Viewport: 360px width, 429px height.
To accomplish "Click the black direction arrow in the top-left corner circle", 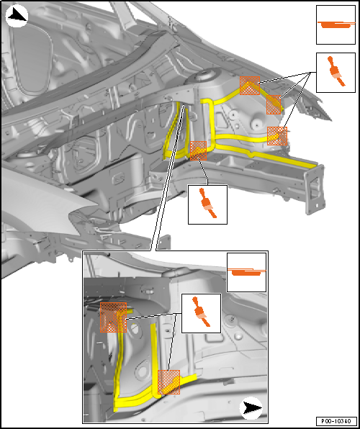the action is (17, 16).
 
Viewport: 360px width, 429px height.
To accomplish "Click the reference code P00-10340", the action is (337, 421).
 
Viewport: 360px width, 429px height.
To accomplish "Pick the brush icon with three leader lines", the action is (336, 71).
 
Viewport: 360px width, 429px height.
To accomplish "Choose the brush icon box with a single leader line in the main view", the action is (208, 204).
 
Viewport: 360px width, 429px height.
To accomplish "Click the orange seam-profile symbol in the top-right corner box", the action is (336, 24).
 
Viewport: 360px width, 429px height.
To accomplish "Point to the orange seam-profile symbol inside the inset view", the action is (246, 272).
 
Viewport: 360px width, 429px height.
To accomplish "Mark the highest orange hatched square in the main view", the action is (250, 86).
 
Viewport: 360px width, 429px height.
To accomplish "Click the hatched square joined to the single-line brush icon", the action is (198, 150).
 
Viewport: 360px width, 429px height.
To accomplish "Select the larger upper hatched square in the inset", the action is (113, 317).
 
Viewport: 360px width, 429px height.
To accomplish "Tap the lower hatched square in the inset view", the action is (169, 382).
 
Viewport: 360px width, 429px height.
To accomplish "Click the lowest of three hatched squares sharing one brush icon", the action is (277, 136).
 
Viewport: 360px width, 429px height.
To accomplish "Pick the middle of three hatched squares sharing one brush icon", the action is (274, 104).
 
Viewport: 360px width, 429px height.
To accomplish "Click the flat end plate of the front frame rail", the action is (315, 189).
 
